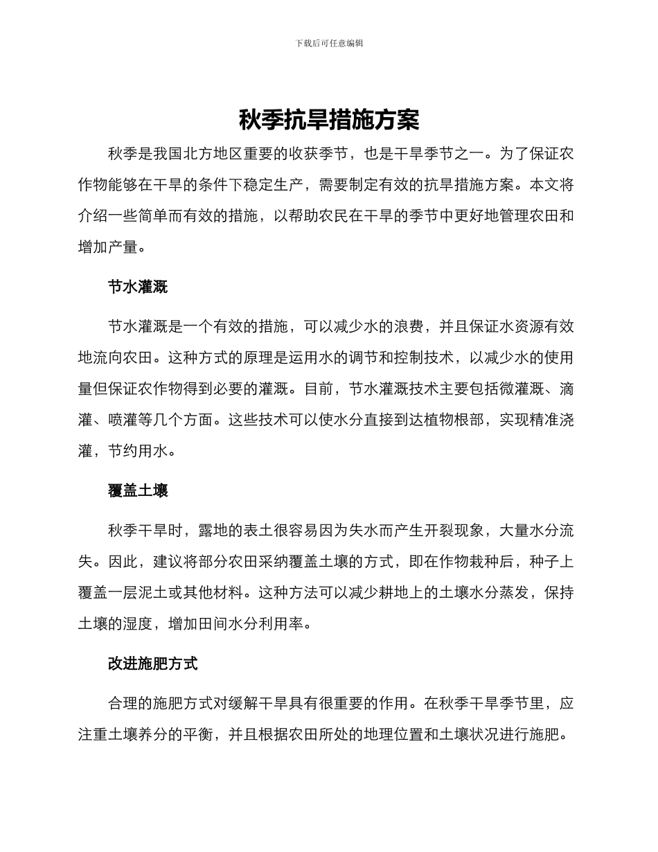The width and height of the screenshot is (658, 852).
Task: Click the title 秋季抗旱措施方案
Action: click(x=329, y=121)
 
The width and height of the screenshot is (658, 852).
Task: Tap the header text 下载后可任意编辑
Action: click(x=329, y=43)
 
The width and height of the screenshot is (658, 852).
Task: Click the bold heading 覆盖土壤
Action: click(x=138, y=491)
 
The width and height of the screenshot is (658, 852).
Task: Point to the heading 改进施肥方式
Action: click(x=153, y=664)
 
